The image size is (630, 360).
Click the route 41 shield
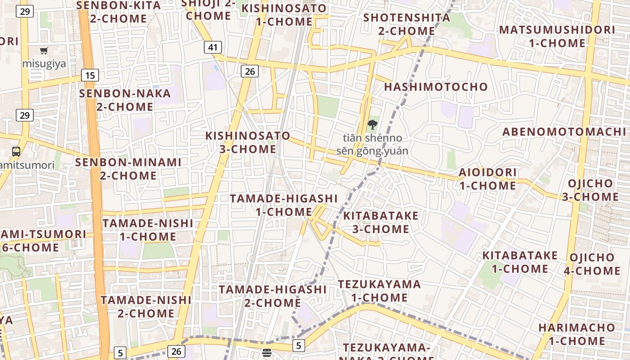click(213, 47)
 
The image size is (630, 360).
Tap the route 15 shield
click(90, 75)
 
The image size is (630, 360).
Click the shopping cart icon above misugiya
click(44, 51)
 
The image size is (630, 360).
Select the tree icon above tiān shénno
click(372, 125)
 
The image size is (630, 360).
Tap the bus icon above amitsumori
click(16, 151)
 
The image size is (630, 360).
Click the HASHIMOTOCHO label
click(436, 87)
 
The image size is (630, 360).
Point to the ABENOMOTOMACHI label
click(564, 132)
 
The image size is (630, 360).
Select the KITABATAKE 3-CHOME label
click(381, 222)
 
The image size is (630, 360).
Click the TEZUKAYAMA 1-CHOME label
click(379, 291)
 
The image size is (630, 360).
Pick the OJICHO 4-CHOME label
click(592, 264)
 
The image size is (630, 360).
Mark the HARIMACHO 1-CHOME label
click(576, 334)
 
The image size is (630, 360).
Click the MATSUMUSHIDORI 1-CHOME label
click(557, 36)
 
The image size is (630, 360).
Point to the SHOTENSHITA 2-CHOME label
click(406, 24)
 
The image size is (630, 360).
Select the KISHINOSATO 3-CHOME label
click(248, 142)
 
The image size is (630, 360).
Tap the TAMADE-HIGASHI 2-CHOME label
click(272, 296)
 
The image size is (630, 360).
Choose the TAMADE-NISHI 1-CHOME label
click(148, 230)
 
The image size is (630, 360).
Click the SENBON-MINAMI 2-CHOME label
click(128, 169)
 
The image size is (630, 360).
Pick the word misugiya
click(44, 63)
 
